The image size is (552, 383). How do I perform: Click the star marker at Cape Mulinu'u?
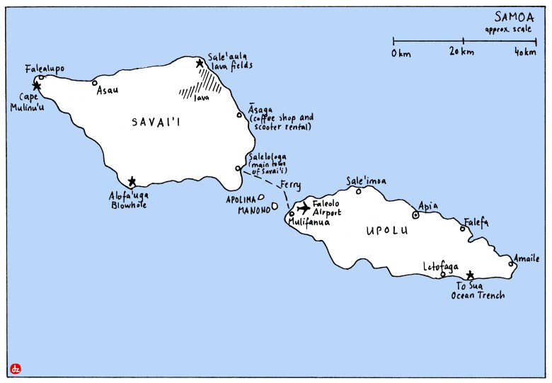click(x=37, y=86)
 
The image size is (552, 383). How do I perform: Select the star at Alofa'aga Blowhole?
click(x=132, y=181)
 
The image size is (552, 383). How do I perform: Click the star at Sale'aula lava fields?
click(x=200, y=64)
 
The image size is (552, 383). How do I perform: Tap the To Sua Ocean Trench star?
click(x=470, y=275)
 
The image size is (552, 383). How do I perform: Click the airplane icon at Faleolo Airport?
click(x=304, y=208)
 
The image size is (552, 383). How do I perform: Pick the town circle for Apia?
click(x=415, y=215)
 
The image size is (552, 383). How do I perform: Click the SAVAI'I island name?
click(x=156, y=122)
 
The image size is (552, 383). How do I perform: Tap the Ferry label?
click(x=290, y=185)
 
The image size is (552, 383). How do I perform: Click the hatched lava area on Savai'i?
click(x=202, y=88)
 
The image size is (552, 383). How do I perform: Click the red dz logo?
click(x=15, y=368)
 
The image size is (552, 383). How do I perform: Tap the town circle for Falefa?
click(x=463, y=228)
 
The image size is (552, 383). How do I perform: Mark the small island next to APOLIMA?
click(x=262, y=198)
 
